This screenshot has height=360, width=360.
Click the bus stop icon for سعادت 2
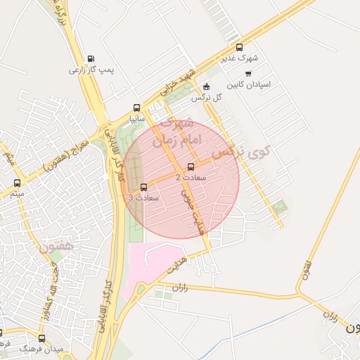191,167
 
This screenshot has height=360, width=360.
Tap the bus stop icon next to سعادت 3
144,187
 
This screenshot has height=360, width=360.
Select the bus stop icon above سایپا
136,108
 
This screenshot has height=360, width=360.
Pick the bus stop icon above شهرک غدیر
240,48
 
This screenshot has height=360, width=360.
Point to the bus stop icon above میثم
17,183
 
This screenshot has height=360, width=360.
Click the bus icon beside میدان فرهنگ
41,338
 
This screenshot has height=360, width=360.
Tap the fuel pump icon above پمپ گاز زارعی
90,59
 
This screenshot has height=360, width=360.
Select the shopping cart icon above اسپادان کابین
247,73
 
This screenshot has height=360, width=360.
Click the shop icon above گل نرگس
206,87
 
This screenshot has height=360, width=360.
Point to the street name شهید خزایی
176,84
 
